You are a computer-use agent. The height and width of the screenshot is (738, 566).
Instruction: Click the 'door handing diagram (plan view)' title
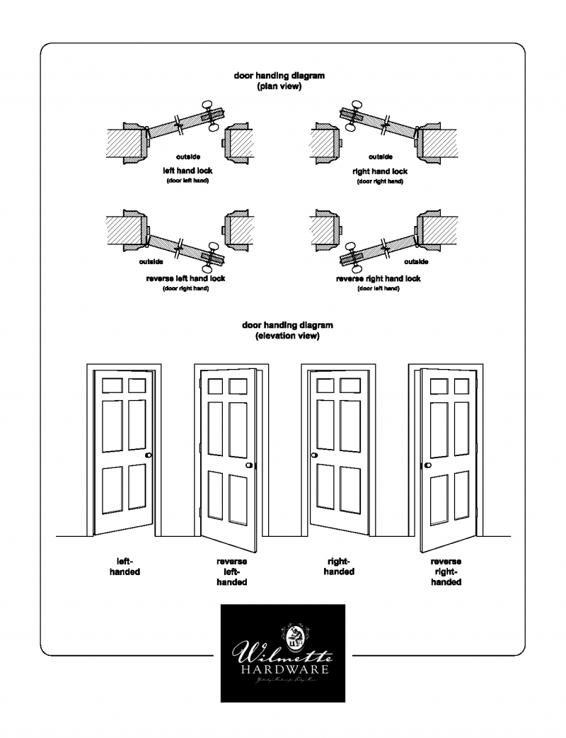click(x=279, y=81)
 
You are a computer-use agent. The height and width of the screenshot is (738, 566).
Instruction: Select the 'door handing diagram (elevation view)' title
click(x=287, y=330)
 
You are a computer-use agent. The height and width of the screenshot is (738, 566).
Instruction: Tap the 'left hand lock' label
click(x=187, y=171)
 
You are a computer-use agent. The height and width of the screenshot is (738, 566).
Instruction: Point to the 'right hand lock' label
click(x=380, y=171)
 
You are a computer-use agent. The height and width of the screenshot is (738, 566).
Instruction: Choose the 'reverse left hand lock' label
click(x=185, y=279)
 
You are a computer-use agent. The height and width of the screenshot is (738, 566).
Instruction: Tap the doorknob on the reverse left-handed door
click(x=250, y=465)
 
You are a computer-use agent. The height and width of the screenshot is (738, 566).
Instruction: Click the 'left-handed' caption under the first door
click(x=125, y=567)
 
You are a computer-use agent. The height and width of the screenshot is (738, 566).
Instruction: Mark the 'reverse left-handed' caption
click(x=231, y=572)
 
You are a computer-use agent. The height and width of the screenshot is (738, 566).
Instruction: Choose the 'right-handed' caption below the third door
click(x=339, y=567)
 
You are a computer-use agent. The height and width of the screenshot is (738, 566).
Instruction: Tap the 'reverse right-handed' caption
click(x=446, y=572)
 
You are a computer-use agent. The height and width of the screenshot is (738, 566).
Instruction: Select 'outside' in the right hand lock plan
click(x=381, y=157)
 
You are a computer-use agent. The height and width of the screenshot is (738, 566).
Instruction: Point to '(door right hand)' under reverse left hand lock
click(x=185, y=289)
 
